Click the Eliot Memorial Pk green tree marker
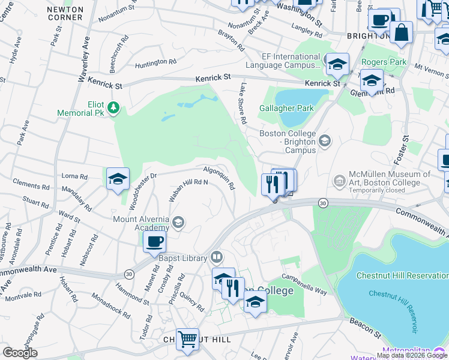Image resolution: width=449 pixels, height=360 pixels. [x=113, y=108]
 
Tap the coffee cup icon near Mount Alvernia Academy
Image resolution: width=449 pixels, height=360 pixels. [x=155, y=242]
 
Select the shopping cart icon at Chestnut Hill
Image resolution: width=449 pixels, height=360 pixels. [x=187, y=339]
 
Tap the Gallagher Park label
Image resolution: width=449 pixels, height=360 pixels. [x=286, y=109]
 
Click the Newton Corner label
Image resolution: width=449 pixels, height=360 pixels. [x=64, y=13]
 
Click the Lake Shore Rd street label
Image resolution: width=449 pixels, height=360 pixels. [x=243, y=103]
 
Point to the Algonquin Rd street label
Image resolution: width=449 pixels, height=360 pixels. [x=219, y=178]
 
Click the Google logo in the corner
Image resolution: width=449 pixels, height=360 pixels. [x=20, y=353]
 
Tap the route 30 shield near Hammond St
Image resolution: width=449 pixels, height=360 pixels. [x=128, y=274]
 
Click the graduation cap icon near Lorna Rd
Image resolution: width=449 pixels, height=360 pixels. [x=118, y=178]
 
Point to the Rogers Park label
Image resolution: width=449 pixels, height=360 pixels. [x=384, y=62]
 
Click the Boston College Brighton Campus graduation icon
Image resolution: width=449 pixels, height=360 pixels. [x=325, y=141]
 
